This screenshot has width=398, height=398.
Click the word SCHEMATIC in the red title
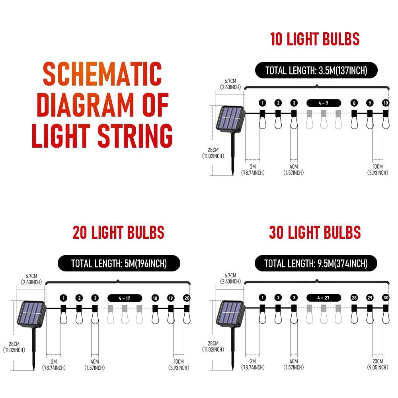click(102, 74)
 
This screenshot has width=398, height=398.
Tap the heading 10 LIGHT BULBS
click(315, 39)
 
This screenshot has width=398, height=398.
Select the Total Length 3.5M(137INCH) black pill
click(316, 70)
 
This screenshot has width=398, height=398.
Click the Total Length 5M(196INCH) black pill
click(119, 263)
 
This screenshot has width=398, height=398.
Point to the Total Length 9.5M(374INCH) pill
click(316, 263)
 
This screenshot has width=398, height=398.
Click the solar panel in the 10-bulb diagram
click(230, 118)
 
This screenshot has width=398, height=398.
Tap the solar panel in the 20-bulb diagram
click(31, 313)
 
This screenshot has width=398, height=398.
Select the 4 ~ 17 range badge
click(125, 298)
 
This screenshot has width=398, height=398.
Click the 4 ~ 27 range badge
click(324, 298)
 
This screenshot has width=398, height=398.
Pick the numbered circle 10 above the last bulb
click(385, 103)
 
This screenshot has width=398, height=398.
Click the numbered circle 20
click(186, 298)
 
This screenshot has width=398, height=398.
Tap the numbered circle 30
click(385, 298)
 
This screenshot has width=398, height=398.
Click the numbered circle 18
click(155, 298)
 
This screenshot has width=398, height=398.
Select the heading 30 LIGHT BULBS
click(315, 232)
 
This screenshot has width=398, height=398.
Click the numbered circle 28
click(354, 298)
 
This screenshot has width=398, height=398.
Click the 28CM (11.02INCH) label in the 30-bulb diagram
click(213, 346)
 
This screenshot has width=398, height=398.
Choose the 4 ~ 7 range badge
click(324, 103)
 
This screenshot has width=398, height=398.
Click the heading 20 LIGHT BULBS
click(118, 232)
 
